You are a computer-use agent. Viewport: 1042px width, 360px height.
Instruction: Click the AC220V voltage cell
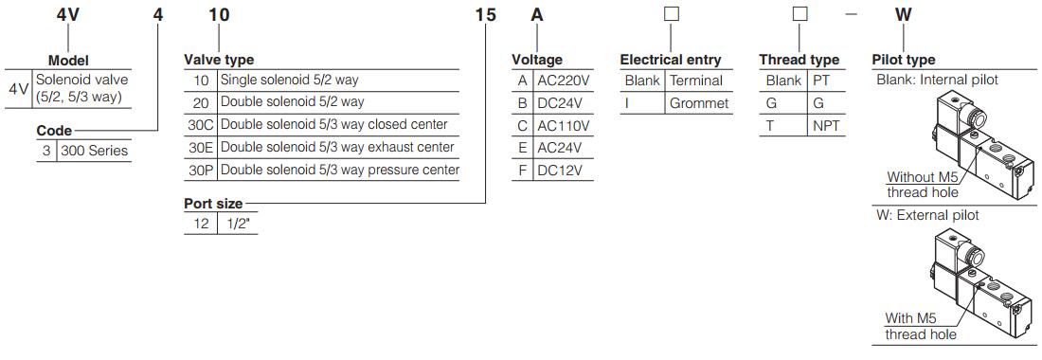564,81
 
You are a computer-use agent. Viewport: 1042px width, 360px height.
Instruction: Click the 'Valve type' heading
219,60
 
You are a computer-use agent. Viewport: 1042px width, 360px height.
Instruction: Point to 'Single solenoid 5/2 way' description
289,81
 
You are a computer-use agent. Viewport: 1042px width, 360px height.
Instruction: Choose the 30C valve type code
200,125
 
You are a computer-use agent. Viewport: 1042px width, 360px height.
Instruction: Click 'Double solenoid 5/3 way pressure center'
339,171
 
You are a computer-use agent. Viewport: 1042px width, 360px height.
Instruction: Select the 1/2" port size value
238,224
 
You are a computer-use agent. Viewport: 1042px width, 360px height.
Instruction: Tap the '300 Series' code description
94,151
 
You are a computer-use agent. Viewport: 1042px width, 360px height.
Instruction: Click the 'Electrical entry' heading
671,60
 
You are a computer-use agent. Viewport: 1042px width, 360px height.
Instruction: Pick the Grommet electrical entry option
699,103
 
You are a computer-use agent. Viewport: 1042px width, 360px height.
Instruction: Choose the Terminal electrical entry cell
696,81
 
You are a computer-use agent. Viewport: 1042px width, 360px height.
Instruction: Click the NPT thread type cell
825,126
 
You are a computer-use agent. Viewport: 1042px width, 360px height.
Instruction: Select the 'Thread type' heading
799,60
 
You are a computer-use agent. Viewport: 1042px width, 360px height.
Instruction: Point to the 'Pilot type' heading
903,60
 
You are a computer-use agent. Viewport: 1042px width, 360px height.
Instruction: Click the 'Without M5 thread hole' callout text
922,184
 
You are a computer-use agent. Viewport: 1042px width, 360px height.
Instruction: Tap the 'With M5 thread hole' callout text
921,326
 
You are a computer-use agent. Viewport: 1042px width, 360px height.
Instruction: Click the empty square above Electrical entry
671,14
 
